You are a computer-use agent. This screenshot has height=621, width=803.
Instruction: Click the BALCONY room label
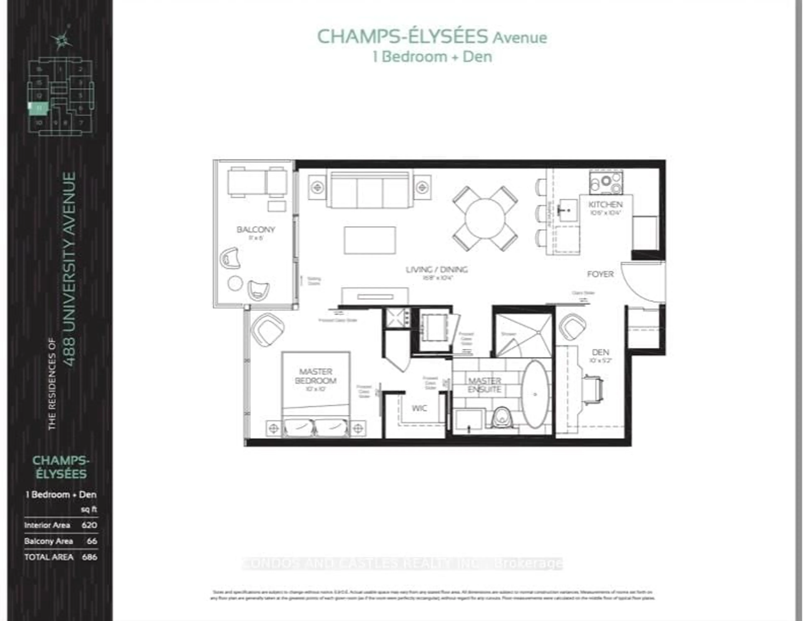coord(256,230)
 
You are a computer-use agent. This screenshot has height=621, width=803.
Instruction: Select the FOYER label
coord(600,274)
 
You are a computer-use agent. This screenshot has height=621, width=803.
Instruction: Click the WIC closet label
coord(419,408)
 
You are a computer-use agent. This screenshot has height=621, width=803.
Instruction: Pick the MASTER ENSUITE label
coord(484,385)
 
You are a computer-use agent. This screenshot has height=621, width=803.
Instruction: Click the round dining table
coord(485,219)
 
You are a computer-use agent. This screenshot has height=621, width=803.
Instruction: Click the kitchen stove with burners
coord(606,183)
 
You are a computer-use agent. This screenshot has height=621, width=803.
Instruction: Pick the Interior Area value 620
coord(89,525)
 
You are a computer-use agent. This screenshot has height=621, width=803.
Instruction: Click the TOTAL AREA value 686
coord(89,557)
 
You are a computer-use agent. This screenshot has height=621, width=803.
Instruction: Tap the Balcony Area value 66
coord(92,541)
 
